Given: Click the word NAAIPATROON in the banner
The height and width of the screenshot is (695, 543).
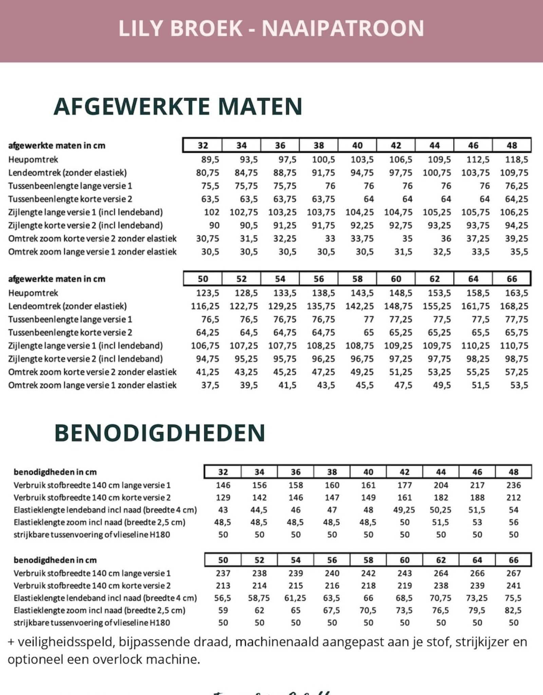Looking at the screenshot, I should coord(343,29).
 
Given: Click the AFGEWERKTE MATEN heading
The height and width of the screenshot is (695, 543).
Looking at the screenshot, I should coord(178,107).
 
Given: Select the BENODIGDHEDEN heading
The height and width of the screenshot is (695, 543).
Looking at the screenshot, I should coord(160,433).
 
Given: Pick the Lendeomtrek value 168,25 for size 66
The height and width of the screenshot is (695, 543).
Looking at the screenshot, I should coord(514,306).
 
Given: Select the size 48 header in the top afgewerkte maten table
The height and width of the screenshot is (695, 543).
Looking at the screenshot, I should coord(512,146).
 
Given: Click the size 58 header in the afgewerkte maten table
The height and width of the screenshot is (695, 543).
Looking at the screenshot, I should coord(357,279).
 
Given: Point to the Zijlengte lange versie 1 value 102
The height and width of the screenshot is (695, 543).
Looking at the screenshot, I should coord(211,212).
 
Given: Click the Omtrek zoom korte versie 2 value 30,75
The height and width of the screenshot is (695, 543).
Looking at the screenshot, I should coord(207,239).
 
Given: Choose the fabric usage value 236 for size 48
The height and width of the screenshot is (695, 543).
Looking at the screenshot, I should coord(513,485).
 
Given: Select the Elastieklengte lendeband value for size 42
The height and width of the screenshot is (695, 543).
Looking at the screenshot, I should coord(404,510).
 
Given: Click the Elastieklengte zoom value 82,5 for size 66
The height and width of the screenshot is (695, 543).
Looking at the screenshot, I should coord(513,611).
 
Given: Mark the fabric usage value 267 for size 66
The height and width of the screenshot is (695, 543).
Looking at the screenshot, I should coord(513,574).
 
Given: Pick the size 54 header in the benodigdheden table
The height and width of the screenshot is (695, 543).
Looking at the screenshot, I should coord(296,560).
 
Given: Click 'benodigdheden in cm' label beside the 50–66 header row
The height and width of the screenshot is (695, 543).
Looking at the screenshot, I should coord(55,560).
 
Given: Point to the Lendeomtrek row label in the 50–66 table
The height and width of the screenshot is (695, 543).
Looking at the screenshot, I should coord(67,306).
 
